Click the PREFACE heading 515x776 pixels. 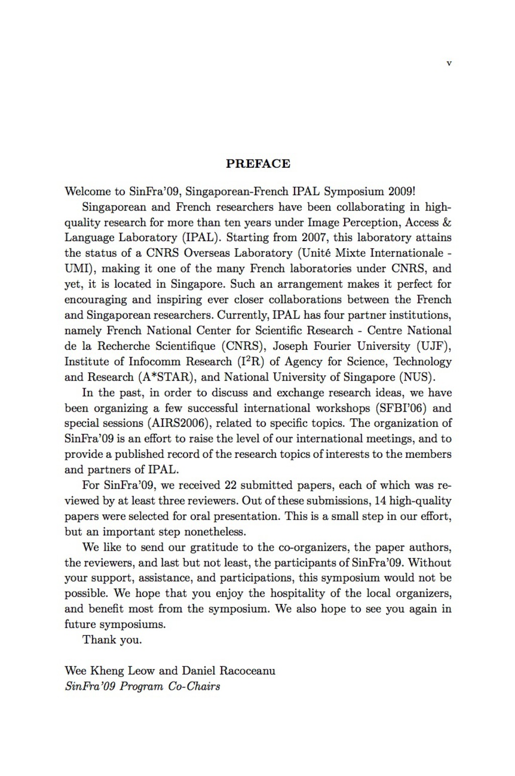[x=258, y=164]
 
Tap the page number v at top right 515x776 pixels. [x=449, y=63]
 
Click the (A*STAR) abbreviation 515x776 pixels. [x=167, y=377]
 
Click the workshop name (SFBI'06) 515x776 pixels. [x=400, y=408]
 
